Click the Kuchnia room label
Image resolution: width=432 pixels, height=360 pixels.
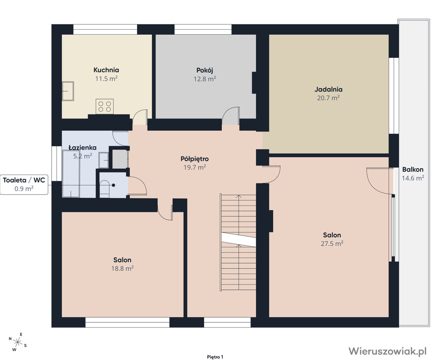coord(106,70)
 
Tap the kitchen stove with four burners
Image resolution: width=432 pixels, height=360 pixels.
coord(105,107)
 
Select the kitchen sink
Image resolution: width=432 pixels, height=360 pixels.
coord(68,91)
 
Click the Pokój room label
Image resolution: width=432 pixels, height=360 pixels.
coord(205,70)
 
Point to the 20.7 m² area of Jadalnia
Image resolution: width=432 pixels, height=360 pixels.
coord(328,98)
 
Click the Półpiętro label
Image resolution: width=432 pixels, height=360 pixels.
coord(195,159)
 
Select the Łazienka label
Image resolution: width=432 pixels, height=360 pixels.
coord(82,148)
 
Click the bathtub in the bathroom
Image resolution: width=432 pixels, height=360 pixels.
coord(71,174)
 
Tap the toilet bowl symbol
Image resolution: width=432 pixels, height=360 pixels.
coord(104,189)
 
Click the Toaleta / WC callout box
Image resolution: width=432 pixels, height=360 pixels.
coord(24,184)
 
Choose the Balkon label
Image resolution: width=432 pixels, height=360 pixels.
coord(412,169)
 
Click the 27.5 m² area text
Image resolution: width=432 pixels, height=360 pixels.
coord(332,243)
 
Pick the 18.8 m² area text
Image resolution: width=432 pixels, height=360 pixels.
coord(122,268)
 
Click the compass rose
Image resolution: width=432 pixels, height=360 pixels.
coord(18,342)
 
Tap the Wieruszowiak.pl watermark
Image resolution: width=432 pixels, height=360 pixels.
coord(387,351)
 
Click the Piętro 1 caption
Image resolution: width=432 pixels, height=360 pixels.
coord(215,357)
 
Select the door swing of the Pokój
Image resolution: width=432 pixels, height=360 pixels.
coord(231,116)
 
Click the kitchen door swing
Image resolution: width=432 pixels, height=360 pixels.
coord(140,117)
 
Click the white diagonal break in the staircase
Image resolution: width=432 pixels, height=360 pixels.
coord(239,240)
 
